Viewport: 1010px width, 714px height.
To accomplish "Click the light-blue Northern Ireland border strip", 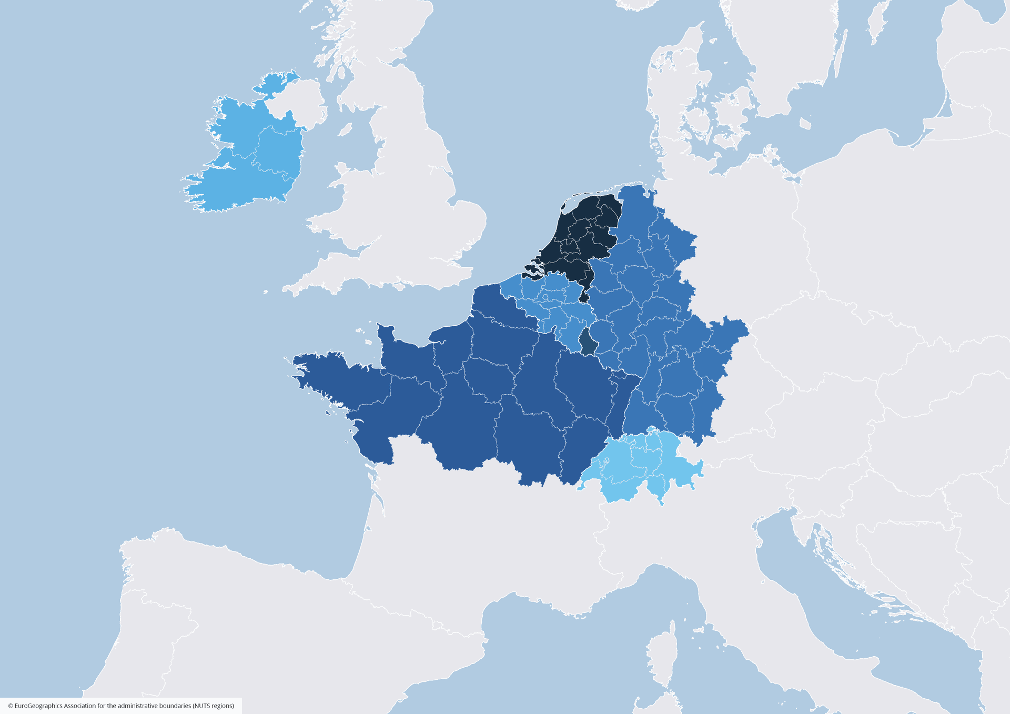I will coord(274,84).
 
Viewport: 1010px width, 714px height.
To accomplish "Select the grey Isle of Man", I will coord(345,129).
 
